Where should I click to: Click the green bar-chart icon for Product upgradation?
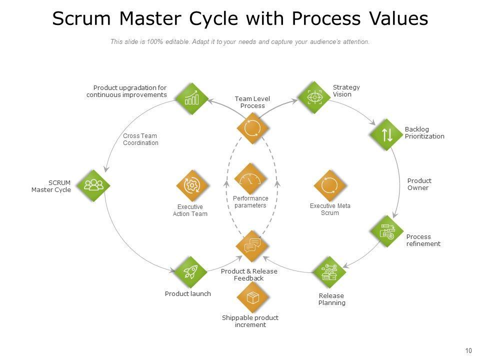191,98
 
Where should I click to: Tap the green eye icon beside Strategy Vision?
314,97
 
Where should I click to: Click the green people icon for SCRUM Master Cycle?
93,185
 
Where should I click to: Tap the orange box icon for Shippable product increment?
253,298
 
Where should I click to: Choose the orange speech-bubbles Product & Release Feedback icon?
252,245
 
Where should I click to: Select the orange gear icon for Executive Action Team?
192,185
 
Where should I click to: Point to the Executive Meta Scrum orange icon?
329,185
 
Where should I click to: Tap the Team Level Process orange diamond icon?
253,128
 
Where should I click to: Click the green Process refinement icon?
387,231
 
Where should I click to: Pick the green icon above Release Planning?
329,272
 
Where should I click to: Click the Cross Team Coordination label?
140,139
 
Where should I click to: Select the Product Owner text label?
419,184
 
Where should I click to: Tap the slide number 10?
468,350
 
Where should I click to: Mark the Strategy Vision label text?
346,90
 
